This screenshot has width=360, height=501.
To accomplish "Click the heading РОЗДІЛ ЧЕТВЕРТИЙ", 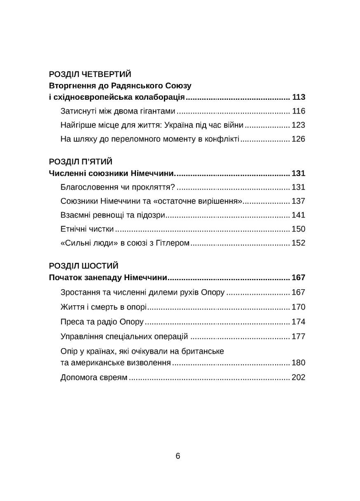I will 90,74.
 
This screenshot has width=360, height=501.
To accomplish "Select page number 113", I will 298,98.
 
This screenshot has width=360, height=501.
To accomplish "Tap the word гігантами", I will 156,111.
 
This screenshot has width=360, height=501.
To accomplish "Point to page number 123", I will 298,125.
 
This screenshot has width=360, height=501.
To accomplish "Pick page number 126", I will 298,139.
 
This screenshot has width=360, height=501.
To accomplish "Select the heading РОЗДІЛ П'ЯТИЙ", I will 80,161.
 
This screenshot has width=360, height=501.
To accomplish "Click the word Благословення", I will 85,187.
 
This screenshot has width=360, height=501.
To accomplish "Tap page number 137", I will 298,201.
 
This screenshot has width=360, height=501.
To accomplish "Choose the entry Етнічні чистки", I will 87,229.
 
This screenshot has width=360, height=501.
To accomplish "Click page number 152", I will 298,243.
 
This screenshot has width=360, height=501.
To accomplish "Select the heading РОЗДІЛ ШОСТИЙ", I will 83,266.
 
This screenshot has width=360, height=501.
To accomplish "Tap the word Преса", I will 70,322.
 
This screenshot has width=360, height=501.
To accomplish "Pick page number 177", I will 298,336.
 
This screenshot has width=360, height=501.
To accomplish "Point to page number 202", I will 298,377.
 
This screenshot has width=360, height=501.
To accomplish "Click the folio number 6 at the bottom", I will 178,456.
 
